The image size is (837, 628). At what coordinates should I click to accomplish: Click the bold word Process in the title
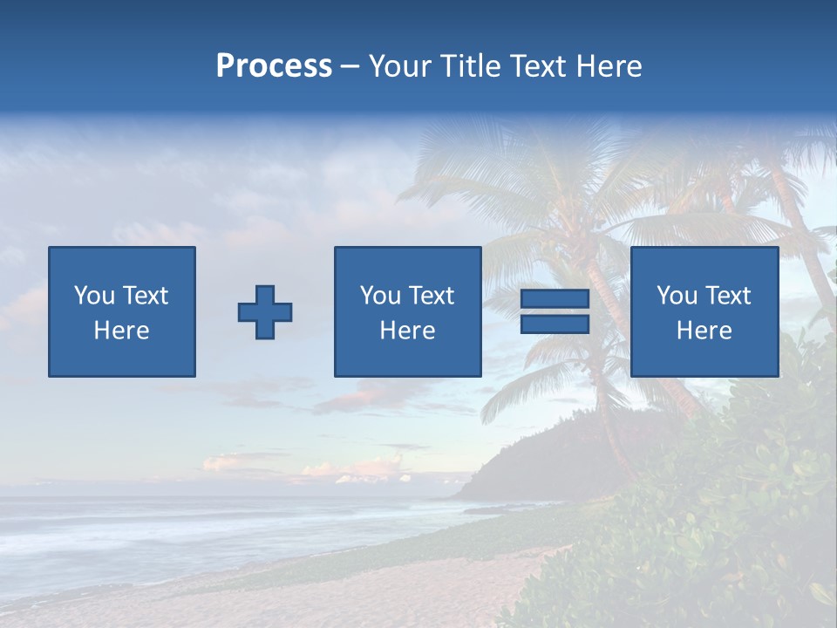click(x=274, y=66)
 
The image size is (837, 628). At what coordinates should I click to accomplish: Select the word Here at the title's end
click(x=609, y=66)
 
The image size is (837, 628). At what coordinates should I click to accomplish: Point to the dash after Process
click(x=350, y=67)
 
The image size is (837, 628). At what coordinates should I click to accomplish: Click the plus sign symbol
click(x=265, y=312)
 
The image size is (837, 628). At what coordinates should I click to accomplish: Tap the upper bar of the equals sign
click(x=555, y=299)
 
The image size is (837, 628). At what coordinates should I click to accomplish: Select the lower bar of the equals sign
click(x=555, y=324)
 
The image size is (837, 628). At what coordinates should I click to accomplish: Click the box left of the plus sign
click(x=122, y=311)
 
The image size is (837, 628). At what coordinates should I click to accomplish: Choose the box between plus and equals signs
click(x=407, y=311)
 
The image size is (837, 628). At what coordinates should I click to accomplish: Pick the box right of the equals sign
click(x=704, y=311)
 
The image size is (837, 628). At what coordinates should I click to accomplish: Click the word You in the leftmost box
click(x=93, y=296)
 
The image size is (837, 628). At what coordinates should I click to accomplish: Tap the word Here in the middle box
click(x=407, y=331)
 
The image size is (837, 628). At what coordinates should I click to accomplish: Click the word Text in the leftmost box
click(x=145, y=296)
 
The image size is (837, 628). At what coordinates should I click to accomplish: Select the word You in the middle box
click(x=380, y=296)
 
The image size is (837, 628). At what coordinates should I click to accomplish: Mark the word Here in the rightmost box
click(x=704, y=331)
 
